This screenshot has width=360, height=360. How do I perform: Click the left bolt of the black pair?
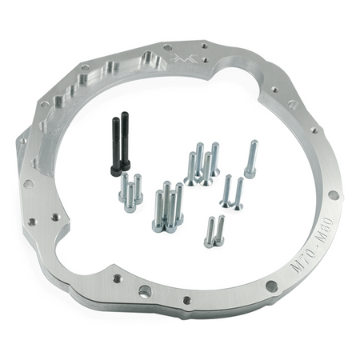pyautogui.click(x=116, y=145)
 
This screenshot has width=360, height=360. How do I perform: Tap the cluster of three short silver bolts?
pyautogui.click(x=130, y=193)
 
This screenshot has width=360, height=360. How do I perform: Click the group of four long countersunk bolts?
pyautogui.click(x=203, y=164)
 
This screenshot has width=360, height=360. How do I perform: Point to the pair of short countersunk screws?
pyautogui.click(x=232, y=192)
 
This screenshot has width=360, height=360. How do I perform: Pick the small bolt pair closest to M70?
pyautogui.click(x=214, y=231)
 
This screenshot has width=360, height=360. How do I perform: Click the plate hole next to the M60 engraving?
pyautogui.click(x=333, y=194)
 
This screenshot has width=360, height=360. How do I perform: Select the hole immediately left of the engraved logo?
pyautogui.click(x=167, y=48)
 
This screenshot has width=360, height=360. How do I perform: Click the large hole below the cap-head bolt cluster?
pyautogui.click(x=146, y=290)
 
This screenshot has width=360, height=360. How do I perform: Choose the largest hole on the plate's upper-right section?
pyautogui.click(x=293, y=104)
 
